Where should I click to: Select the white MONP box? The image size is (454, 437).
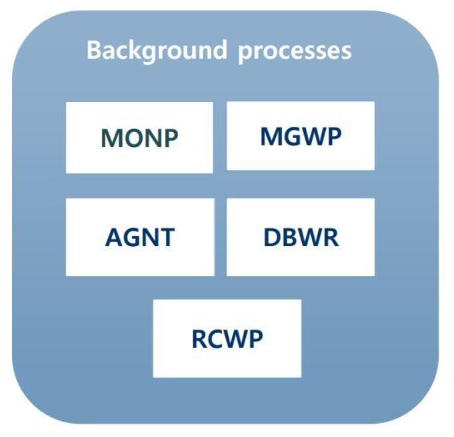[x=139, y=137]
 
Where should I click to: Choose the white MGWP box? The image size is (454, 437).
[x=301, y=135]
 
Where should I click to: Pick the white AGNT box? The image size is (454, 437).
[x=140, y=237]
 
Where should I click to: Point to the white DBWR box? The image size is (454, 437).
[x=301, y=237]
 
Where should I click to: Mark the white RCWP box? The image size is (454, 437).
[x=227, y=338]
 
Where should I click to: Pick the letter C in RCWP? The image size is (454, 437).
[x=215, y=340]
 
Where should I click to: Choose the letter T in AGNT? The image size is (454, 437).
[x=167, y=238]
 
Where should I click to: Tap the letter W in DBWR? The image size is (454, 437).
[x=310, y=238]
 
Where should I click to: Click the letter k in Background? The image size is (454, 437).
[x=140, y=50]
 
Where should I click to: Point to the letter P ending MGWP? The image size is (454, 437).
[x=333, y=137]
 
